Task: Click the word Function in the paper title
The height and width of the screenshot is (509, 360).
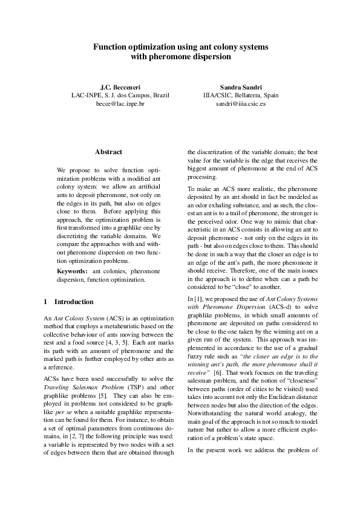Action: click(x=110, y=47)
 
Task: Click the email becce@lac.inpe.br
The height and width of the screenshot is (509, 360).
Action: click(x=120, y=104)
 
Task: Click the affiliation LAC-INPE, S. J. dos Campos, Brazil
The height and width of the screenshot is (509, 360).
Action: click(x=120, y=96)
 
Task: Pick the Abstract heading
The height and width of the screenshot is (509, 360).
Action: click(x=109, y=152)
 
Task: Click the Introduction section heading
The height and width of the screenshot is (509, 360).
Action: click(x=74, y=302)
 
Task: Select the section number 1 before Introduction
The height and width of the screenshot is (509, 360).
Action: click(x=47, y=302)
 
